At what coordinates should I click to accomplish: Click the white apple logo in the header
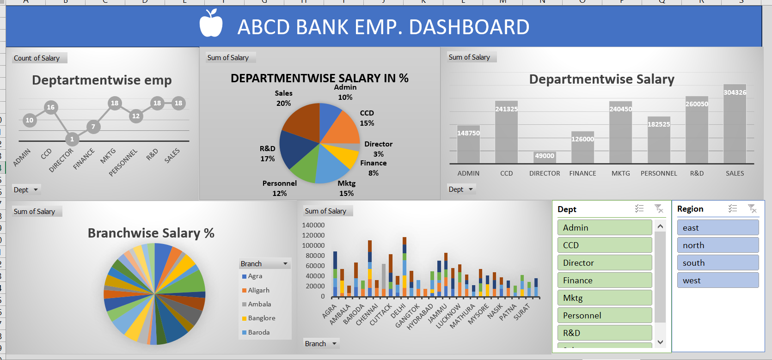(211, 24)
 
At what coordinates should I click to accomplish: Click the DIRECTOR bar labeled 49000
(545, 157)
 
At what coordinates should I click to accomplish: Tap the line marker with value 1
(72, 139)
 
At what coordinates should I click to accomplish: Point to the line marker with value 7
(93, 127)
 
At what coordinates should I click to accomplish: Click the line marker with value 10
(30, 120)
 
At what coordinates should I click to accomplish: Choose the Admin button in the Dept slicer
(604, 227)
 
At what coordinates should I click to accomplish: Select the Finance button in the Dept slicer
(604, 280)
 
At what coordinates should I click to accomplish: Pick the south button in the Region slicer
(717, 262)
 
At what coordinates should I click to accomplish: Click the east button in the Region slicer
(717, 227)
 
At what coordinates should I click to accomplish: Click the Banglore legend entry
(261, 318)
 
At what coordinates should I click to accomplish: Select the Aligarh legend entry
(258, 290)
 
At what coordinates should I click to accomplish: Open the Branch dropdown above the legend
(285, 263)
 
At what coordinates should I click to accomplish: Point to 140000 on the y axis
(313, 225)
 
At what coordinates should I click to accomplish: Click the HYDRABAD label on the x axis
(420, 317)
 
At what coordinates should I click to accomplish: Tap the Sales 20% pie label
(283, 98)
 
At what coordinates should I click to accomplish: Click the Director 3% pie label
(378, 149)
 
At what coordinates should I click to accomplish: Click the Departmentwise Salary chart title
(601, 79)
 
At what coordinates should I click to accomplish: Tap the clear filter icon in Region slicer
(752, 209)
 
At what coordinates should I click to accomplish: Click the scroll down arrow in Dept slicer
(660, 342)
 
